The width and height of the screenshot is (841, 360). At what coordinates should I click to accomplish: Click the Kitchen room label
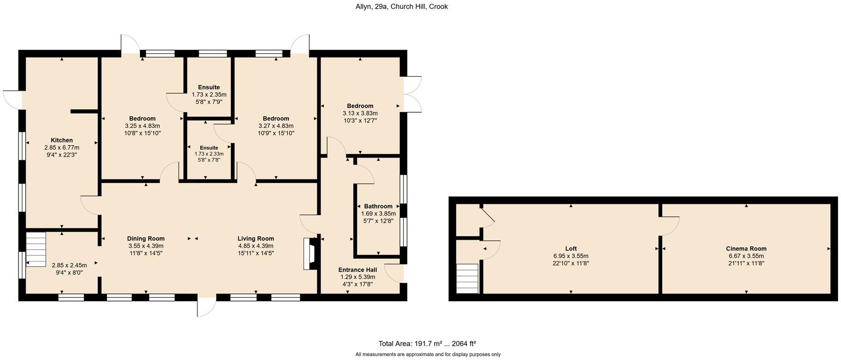pyautogui.click(x=62, y=140)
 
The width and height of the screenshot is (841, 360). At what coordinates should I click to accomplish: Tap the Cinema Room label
pyautogui.click(x=746, y=249)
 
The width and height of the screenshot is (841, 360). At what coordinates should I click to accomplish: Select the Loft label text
pyautogui.click(x=571, y=249)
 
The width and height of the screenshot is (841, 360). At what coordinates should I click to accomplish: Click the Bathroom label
pyautogui.click(x=378, y=206)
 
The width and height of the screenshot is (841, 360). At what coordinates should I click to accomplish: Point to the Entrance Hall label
pyautogui.click(x=358, y=270)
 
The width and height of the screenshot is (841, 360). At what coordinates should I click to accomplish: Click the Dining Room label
pyautogui.click(x=146, y=239)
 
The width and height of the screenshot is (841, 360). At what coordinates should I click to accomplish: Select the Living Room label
pyautogui.click(x=256, y=239)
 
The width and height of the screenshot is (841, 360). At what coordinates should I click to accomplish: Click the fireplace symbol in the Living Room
pyautogui.click(x=311, y=254)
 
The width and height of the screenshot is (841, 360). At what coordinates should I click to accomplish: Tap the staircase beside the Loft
pyautogui.click(x=468, y=279)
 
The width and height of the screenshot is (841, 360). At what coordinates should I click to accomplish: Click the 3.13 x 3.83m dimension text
pyautogui.click(x=360, y=113)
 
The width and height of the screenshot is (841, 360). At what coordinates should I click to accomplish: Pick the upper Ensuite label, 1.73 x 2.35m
pyautogui.click(x=209, y=87)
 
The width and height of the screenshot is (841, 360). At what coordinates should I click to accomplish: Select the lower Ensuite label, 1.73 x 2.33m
pyautogui.click(x=209, y=148)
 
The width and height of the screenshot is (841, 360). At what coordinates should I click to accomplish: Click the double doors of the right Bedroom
pyautogui.click(x=412, y=94)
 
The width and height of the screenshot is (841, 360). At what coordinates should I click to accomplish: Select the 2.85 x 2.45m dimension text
pyautogui.click(x=69, y=265)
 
